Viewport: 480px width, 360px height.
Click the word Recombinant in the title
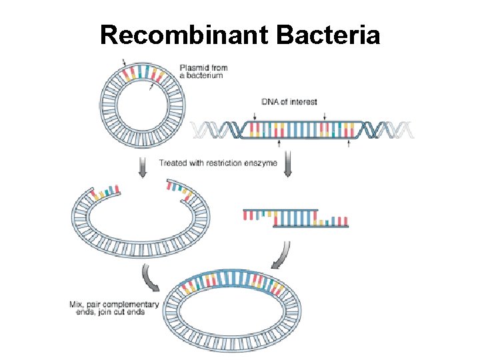(182, 35)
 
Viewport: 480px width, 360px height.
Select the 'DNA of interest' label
(289, 102)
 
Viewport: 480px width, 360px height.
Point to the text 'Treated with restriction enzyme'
(217, 163)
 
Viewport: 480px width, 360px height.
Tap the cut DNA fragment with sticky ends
(295, 217)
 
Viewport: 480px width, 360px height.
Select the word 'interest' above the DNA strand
(304, 102)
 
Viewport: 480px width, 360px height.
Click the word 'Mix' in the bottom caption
(77, 305)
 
